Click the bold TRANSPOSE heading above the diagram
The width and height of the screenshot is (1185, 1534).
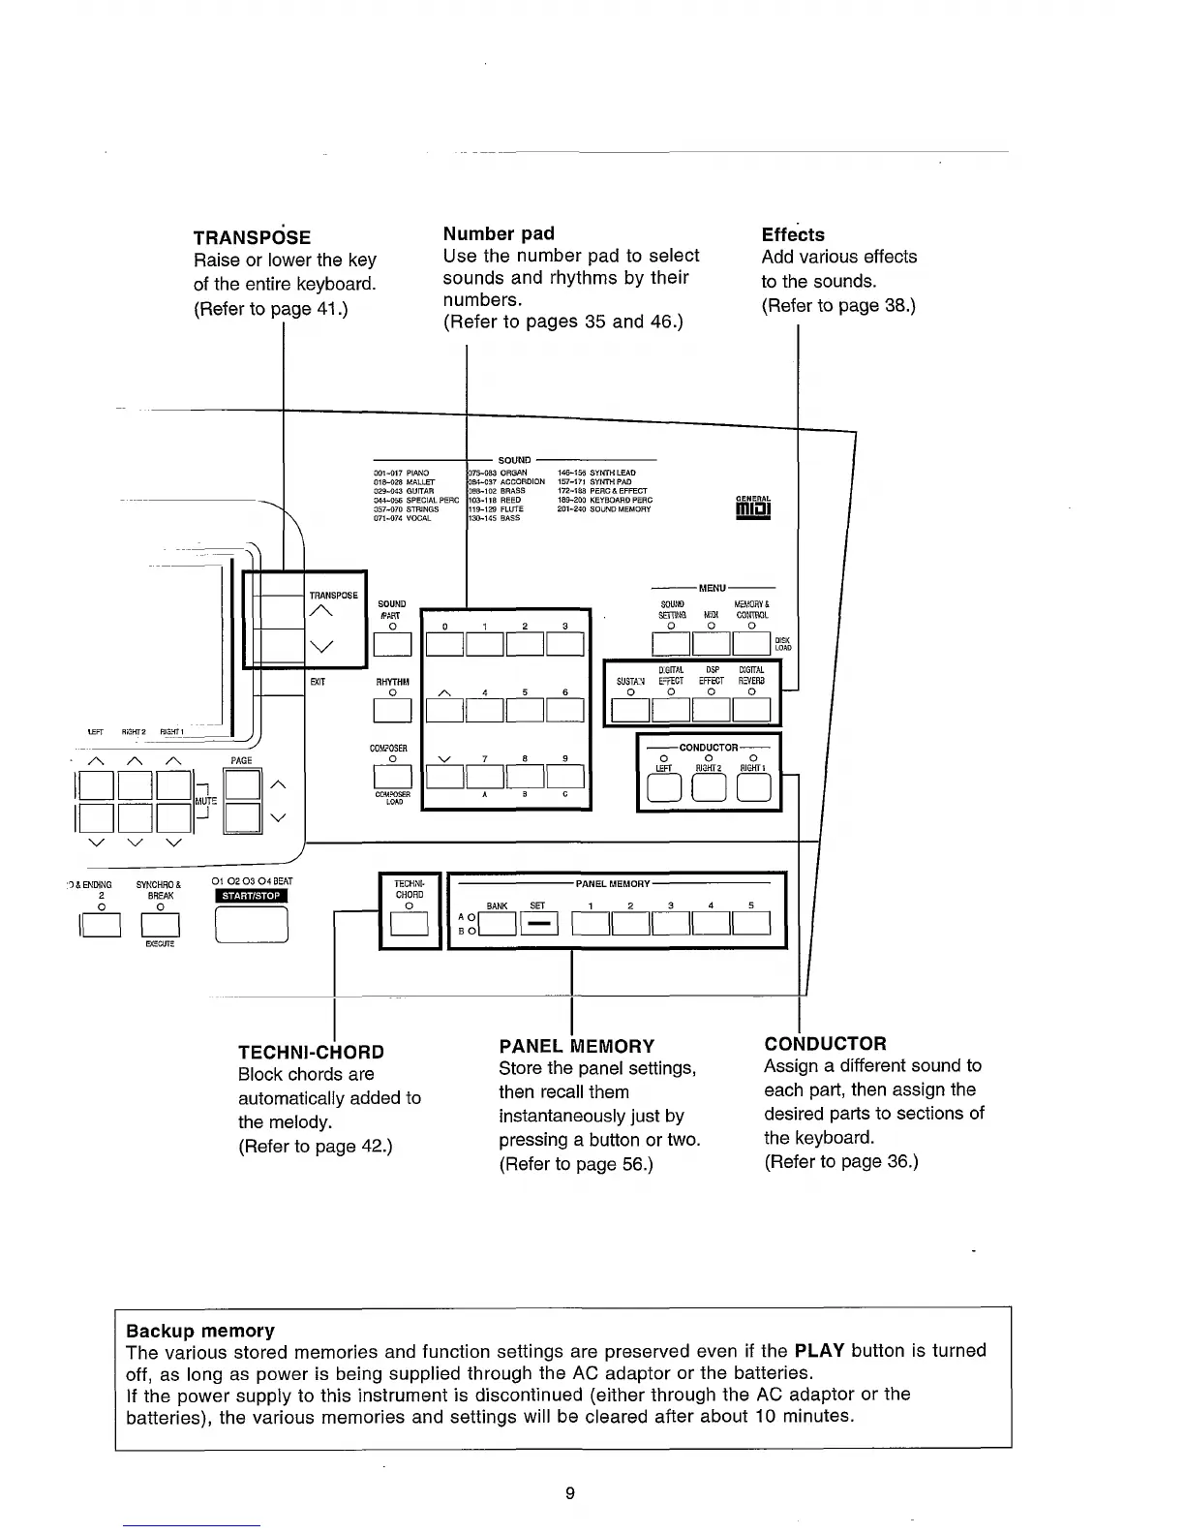tap(252, 237)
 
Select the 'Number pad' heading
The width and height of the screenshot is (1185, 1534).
tap(499, 233)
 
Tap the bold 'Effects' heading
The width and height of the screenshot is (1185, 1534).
tap(793, 234)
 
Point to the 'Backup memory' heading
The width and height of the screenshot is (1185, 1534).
tap(200, 1331)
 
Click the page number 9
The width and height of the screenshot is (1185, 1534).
tap(570, 1493)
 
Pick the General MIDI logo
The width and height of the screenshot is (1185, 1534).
tap(753, 506)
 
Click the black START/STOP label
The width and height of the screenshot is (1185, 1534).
tap(252, 895)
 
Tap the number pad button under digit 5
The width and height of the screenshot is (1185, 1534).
tap(525, 711)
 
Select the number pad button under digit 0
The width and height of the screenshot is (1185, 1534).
tap(444, 644)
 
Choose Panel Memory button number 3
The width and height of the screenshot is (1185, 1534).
tap(670, 925)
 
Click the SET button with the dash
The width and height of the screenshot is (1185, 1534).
tap(539, 925)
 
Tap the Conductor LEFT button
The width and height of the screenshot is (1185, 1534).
tap(663, 790)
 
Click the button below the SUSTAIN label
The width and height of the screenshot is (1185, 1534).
tap(630, 711)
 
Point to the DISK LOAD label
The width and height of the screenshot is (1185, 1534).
tap(783, 643)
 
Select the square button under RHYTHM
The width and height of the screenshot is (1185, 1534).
tap(392, 711)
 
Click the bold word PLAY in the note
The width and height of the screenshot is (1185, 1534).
tap(820, 1350)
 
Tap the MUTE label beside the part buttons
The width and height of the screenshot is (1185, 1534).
tap(207, 801)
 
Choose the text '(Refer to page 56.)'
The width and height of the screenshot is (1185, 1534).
tap(576, 1163)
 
